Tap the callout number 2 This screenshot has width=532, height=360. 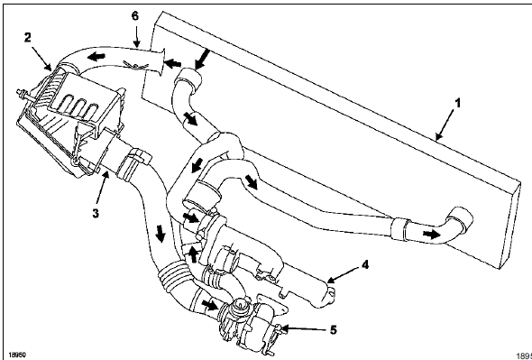29,37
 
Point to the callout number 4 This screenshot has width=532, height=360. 365,266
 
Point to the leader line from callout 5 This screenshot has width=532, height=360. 306,330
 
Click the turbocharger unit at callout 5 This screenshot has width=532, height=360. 248,320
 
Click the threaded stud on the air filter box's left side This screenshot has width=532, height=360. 19,94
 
